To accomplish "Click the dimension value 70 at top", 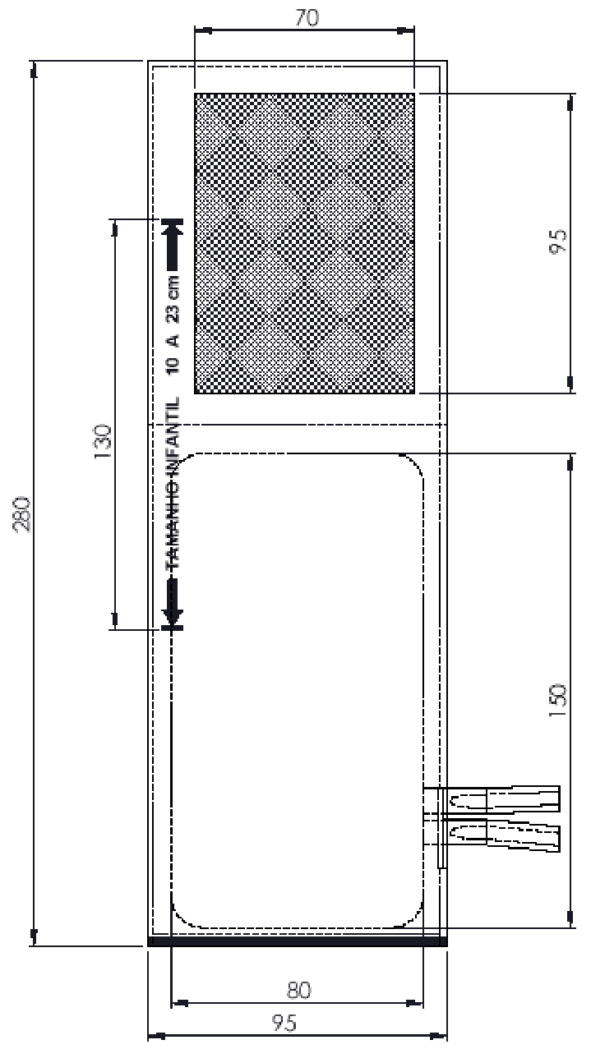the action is click(307, 17).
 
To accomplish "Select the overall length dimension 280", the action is click(22, 513).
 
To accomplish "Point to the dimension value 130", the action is click(103, 441).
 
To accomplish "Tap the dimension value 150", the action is click(558, 700).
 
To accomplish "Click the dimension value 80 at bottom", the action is click(298, 990).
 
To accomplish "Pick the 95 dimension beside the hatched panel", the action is click(558, 242).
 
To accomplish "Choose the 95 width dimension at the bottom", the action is click(284, 1024).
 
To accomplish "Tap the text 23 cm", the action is click(173, 299).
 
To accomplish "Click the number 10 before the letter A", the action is click(173, 366).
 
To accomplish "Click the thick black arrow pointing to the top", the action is click(173, 245).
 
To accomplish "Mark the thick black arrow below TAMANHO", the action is click(173, 604).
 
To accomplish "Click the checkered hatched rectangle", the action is click(305, 243).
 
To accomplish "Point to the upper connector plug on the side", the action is click(501, 798).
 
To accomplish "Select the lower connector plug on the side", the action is click(501, 835).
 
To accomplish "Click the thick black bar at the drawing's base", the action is click(298, 941).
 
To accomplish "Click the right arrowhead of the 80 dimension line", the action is click(413, 1003).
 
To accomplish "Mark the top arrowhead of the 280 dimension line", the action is click(33, 71).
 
